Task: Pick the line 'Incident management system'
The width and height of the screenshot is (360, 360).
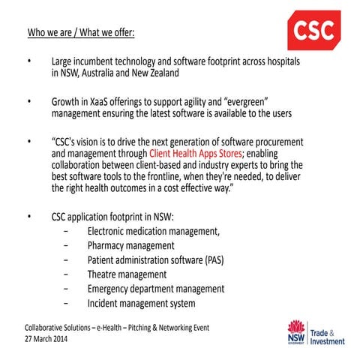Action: coord(142,304)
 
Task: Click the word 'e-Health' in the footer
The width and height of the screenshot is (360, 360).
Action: coord(111,328)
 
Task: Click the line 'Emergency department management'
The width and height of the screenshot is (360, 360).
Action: coord(155,289)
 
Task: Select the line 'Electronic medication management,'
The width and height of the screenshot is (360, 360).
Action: coord(154,230)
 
